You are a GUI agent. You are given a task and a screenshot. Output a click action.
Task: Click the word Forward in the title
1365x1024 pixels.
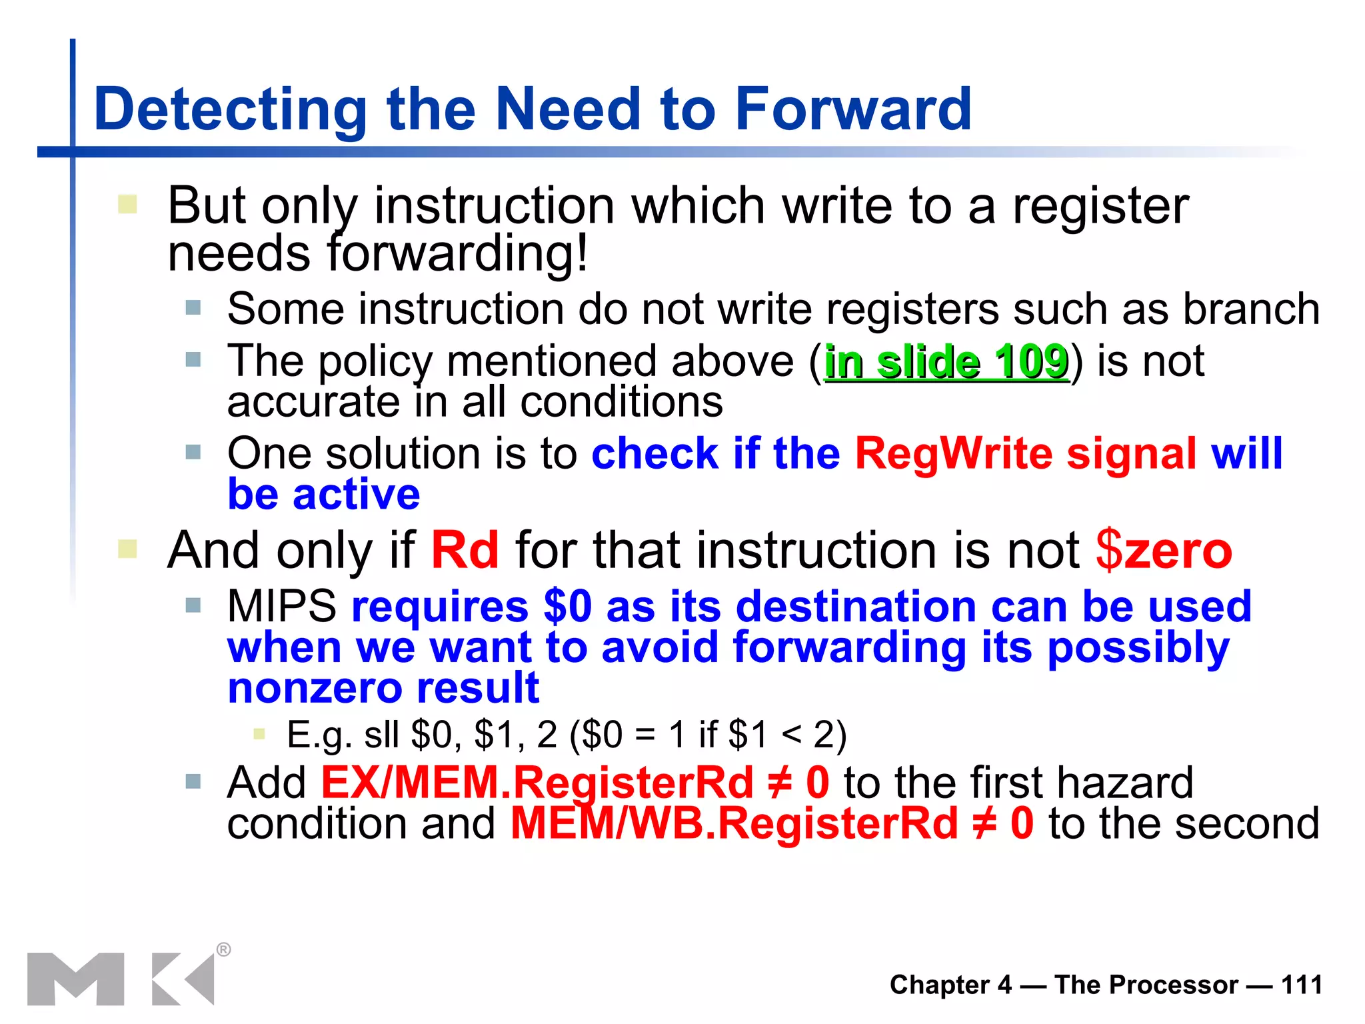click(852, 109)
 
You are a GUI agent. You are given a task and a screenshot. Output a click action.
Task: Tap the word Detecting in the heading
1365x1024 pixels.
click(231, 111)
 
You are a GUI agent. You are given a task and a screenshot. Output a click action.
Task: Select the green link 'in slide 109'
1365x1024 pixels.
click(946, 362)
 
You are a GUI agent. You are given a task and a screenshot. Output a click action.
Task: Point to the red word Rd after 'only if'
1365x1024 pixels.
click(465, 551)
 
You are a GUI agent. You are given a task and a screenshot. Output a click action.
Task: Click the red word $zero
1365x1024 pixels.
click(1164, 551)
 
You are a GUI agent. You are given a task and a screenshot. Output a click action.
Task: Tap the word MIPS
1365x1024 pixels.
click(281, 607)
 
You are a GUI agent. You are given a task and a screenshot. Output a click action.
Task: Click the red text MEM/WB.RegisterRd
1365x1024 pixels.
click(734, 823)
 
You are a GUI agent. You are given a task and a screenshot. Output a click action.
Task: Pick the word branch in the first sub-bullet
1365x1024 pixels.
click(1251, 309)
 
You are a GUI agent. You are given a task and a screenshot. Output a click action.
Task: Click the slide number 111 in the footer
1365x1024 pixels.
click(1302, 985)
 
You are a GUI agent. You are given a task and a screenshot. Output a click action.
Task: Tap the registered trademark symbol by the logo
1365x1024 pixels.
click(224, 949)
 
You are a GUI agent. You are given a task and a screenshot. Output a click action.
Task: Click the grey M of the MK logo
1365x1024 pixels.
click(75, 979)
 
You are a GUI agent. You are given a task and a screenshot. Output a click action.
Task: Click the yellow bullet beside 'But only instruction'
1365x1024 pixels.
click(127, 204)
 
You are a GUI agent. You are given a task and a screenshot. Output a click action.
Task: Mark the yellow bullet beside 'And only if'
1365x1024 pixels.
click(127, 549)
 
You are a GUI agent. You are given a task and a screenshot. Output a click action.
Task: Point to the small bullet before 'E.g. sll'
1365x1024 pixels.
click(259, 735)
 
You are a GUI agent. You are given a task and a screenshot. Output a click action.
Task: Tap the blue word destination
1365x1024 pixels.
click(856, 607)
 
